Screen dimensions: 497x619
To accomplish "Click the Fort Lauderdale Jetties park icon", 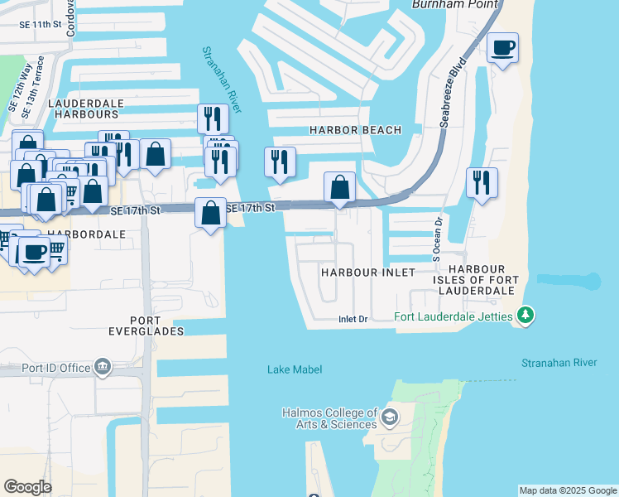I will pos(525,316).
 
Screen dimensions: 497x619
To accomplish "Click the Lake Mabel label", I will pos(294,369).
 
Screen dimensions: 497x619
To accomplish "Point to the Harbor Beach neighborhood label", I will pos(355,130).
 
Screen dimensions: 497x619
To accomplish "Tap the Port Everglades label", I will pos(157,326).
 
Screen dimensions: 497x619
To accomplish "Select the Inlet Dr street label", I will pos(353,319).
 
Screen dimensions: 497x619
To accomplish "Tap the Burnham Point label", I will pos(455,5).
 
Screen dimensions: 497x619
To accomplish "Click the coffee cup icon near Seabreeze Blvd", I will pos(502,48).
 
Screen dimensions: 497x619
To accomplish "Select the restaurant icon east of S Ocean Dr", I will pos(482,182).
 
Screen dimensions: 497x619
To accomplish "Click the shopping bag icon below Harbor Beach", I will pos(339,188).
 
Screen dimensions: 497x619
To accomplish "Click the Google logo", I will pos(27,487).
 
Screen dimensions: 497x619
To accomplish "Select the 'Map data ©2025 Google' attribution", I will pos(568,490).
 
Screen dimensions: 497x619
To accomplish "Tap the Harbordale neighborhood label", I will pos(86,234).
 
